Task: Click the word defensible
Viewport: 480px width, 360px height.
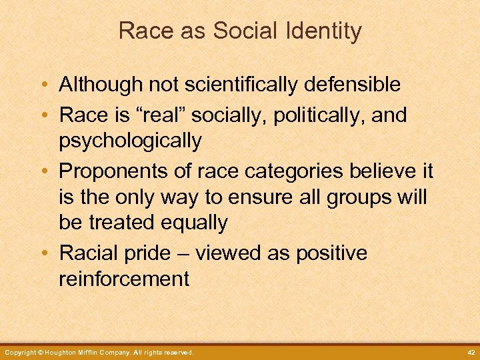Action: (x=347, y=85)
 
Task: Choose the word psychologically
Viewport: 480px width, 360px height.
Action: (x=130, y=141)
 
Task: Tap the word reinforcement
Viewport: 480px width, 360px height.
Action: (x=125, y=279)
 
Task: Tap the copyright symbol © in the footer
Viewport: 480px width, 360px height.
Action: (x=40, y=352)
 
